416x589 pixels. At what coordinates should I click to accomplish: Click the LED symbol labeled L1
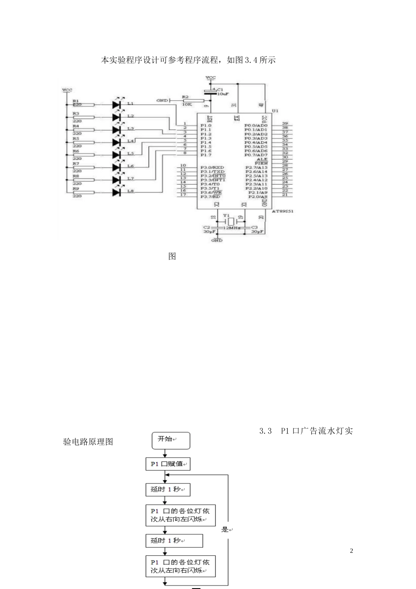point(116,105)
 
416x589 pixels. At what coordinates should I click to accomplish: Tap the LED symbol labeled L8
point(116,192)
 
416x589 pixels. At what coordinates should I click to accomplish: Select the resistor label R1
point(76,101)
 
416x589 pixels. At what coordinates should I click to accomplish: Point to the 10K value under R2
point(187,104)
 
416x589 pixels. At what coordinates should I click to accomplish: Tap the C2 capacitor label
point(207,227)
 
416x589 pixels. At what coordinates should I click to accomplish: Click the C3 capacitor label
point(254,227)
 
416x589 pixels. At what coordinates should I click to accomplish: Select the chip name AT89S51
point(282,211)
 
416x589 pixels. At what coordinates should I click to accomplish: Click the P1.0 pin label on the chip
point(206,126)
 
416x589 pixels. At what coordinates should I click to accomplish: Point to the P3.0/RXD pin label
point(212,167)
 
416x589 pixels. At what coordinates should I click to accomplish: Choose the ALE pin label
point(262,159)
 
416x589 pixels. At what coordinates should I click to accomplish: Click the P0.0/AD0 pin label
point(256,126)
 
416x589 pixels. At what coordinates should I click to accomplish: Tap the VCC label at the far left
point(67,90)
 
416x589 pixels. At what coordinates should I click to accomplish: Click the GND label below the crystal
point(217,240)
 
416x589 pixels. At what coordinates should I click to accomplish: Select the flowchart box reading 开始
point(171,440)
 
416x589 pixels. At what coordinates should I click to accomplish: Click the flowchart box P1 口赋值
point(168,464)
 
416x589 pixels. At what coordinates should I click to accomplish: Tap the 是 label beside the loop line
point(225,529)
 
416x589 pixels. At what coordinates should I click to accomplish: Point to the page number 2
point(351,551)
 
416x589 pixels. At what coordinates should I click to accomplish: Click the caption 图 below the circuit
point(172,256)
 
